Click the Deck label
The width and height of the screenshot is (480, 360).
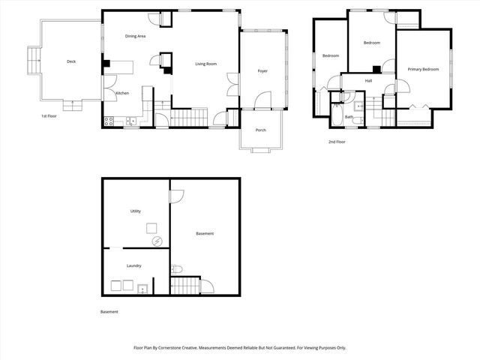click(x=71, y=61)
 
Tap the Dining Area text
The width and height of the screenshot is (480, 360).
click(x=135, y=36)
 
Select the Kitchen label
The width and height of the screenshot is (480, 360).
click(x=122, y=93)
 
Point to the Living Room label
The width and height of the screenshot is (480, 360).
click(x=206, y=64)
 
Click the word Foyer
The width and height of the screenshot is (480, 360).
click(x=262, y=71)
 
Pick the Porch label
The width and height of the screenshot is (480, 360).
click(x=260, y=130)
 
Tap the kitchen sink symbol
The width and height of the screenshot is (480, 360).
click(x=130, y=120)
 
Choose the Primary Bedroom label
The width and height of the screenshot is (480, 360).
click(x=423, y=69)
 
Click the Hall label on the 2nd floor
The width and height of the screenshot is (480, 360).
click(x=369, y=81)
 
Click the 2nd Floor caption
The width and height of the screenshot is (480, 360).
click(x=337, y=141)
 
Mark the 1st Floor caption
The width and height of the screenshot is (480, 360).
click(x=50, y=116)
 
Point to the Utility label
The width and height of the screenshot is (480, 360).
click(x=136, y=211)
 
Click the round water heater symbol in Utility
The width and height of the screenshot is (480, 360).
click(x=157, y=241)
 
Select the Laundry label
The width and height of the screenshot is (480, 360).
click(x=134, y=265)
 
